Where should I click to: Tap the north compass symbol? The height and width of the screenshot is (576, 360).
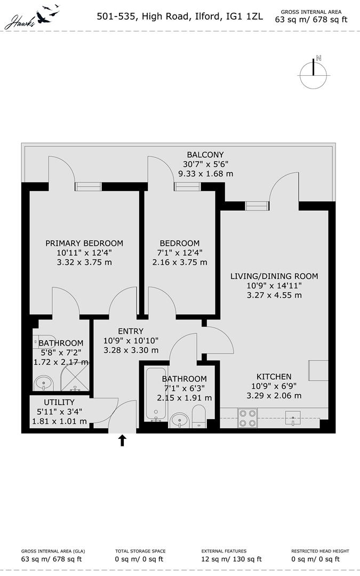click(313, 74)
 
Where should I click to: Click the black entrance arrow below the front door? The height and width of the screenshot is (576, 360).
click(123, 439)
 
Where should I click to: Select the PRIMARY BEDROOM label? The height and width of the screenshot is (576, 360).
click(84, 243)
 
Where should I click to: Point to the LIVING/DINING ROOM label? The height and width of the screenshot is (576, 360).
click(274, 276)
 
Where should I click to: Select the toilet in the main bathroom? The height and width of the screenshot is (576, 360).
click(198, 417)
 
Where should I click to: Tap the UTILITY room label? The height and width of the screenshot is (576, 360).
click(59, 402)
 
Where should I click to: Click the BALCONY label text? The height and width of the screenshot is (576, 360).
click(205, 155)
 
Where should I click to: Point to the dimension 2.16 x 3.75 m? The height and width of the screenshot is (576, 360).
click(180, 262)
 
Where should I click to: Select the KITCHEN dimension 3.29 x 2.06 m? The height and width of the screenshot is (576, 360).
click(274, 396)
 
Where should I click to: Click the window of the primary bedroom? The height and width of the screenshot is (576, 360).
click(88, 186)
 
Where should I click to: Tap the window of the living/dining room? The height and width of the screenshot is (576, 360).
click(257, 206)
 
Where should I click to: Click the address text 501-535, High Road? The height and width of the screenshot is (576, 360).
click(142, 17)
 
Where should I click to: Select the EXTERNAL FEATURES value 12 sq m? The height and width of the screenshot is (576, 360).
click(231, 559)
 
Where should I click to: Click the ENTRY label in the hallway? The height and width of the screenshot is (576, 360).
click(131, 331)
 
